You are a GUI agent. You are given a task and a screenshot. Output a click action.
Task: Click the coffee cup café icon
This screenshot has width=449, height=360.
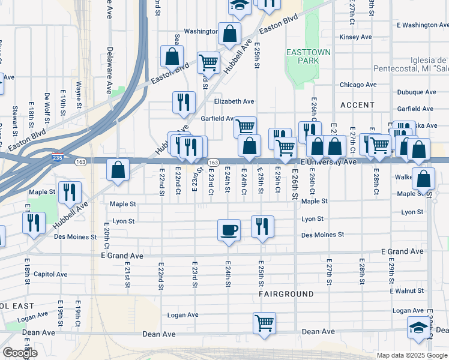pos(229,230)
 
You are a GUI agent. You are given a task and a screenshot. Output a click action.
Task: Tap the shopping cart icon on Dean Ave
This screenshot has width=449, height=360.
pos(264,323)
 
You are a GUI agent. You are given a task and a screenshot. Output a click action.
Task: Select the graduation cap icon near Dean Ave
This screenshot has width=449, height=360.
pos(418,328)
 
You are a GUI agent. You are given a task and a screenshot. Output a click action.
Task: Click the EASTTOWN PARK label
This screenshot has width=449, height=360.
pos(309,56)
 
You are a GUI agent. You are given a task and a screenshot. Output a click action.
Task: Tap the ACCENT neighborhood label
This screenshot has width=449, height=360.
pos(357,105)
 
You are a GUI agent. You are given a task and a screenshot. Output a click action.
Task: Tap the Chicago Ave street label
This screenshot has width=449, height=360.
pos(358,85)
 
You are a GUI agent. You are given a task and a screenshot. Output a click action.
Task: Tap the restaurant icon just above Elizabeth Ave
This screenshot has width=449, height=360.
pos(183,102)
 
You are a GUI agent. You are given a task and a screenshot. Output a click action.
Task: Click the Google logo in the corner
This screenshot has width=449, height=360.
pos(20,353)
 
